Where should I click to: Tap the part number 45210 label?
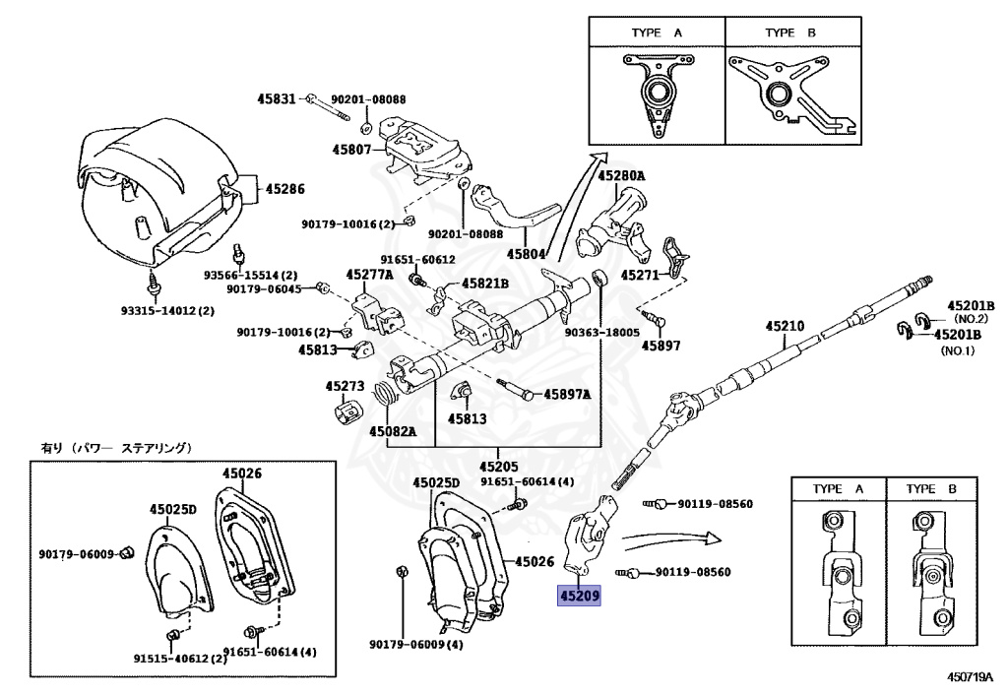(x=785, y=326)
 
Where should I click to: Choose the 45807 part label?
(x=351, y=150)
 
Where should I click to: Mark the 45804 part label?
(x=527, y=253)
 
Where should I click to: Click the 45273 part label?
(x=345, y=387)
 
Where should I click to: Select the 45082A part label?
(x=393, y=431)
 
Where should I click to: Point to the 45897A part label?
(x=567, y=394)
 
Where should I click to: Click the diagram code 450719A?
(x=971, y=678)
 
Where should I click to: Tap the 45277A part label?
(x=369, y=275)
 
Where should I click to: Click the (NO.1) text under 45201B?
(x=957, y=350)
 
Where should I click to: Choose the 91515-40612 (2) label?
(x=180, y=659)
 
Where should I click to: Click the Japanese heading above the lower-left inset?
(x=116, y=449)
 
